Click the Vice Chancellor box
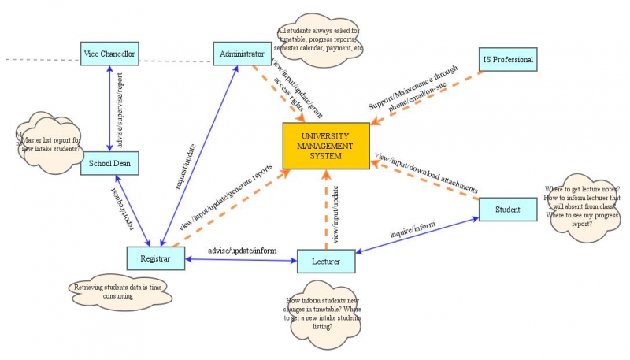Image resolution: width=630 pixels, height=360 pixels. tap(110, 54)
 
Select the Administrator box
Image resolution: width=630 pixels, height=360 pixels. tap(242, 54)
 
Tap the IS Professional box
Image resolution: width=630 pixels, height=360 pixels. tap(508, 59)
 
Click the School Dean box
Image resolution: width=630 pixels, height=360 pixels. tap(110, 163)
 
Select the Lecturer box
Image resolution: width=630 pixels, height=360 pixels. tap(326, 261)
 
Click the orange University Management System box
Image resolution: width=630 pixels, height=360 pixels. tap(326, 146)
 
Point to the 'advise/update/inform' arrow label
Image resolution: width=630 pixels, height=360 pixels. tap(242, 251)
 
